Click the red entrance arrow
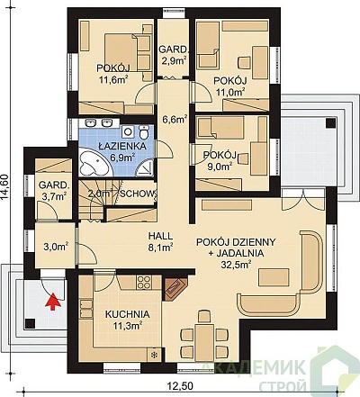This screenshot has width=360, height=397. (53, 302)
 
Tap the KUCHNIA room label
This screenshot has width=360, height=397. (127, 314)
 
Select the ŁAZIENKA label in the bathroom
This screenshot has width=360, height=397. (122, 147)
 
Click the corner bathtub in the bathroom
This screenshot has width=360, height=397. (94, 162)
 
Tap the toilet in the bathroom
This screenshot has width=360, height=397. (144, 132)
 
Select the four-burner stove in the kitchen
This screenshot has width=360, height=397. (144, 282)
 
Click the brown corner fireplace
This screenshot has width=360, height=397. (175, 288)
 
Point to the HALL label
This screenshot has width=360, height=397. (161, 236)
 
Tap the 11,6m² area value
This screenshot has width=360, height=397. (114, 79)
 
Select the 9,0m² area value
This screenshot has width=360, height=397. (220, 166)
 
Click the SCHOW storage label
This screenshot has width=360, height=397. (138, 194)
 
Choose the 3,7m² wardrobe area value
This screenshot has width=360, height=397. (53, 196)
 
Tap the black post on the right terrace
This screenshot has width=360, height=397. (331, 123)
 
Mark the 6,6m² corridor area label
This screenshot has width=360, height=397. (175, 120)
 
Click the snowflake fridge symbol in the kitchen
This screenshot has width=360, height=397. (155, 355)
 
